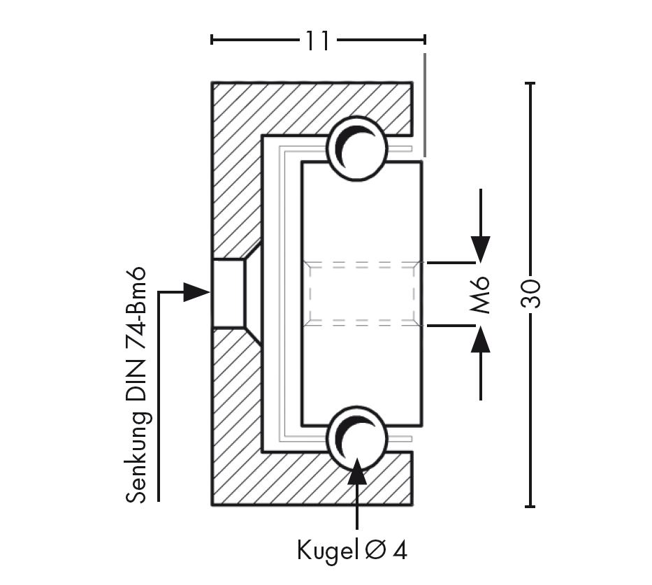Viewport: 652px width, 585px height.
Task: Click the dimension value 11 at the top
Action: pyautogui.click(x=317, y=41)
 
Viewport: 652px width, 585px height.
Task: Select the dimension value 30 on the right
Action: pyautogui.click(x=531, y=294)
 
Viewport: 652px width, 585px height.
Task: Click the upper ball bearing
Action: pyautogui.click(x=357, y=145)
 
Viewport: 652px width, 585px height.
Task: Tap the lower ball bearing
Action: pyautogui.click(x=357, y=438)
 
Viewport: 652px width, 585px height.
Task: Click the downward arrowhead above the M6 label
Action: pyautogui.click(x=480, y=248)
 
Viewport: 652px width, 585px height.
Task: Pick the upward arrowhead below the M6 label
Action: pyautogui.click(x=480, y=340)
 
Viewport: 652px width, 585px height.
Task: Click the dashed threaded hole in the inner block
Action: pyautogui.click(x=361, y=294)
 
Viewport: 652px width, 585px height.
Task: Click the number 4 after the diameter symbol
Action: pyautogui.click(x=400, y=551)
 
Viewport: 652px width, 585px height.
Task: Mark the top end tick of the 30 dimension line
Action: pyautogui.click(x=531, y=83)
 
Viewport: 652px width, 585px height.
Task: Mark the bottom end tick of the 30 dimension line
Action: pyautogui.click(x=531, y=506)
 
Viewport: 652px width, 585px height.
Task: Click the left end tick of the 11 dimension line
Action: pyautogui.click(x=212, y=40)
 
